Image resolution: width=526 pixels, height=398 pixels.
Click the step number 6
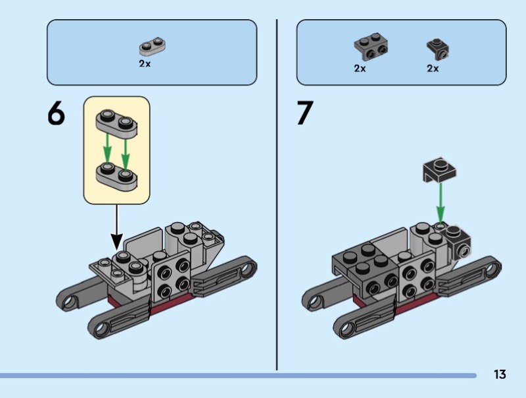56,114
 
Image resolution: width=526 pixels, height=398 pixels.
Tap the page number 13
500,375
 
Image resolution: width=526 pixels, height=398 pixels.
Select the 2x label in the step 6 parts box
145,64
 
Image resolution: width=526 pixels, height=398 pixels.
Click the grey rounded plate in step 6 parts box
152,47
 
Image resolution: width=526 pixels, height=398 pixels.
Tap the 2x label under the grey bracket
360,68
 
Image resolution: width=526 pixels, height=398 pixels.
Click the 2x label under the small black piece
432,68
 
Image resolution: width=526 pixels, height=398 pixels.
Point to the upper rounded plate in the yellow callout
118,123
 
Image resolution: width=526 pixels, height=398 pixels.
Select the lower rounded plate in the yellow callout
118,175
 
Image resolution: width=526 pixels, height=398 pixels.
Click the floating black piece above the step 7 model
440,169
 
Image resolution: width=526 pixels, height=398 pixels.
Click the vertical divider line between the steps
276,198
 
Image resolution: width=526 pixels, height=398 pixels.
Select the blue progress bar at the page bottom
237,376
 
